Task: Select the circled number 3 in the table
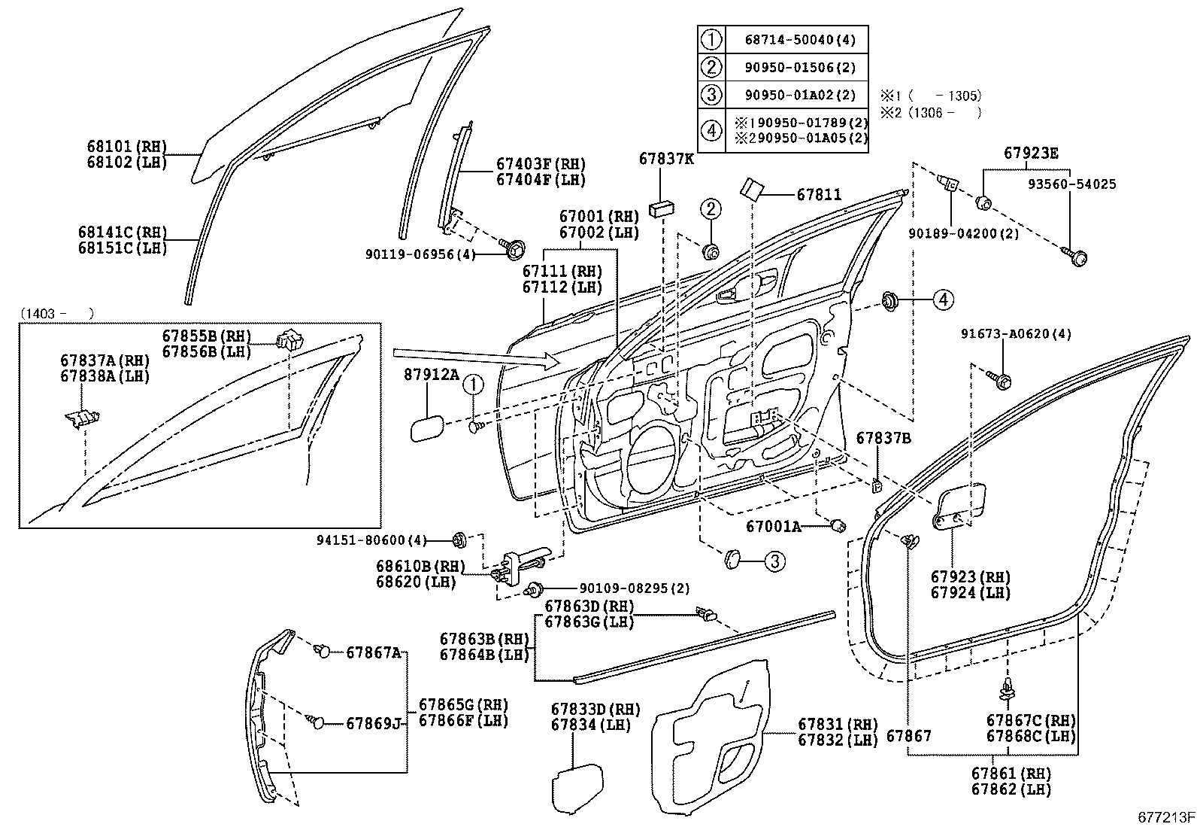pyautogui.click(x=711, y=95)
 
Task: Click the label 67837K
pyautogui.click(x=667, y=158)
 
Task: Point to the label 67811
pyautogui.click(x=819, y=195)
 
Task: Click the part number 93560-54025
pyautogui.click(x=1072, y=184)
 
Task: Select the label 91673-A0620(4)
pyautogui.click(x=1016, y=333)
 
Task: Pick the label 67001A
pyautogui.click(x=773, y=527)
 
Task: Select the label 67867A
pyautogui.click(x=373, y=652)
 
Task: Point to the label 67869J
pyautogui.click(x=374, y=724)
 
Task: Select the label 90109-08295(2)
pyautogui.click(x=624, y=588)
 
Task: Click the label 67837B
pyautogui.click(x=883, y=438)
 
